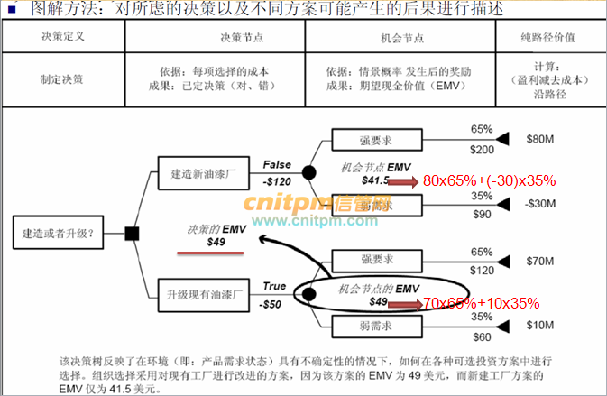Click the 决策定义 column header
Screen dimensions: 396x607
[x=62, y=39]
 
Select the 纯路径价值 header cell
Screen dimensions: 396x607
[x=548, y=39]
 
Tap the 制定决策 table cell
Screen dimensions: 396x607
[x=62, y=78]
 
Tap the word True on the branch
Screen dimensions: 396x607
[x=275, y=287]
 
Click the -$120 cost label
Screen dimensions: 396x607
[x=279, y=180]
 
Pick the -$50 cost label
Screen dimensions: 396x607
[x=274, y=304]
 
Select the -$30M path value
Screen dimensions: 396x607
[x=544, y=204]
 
